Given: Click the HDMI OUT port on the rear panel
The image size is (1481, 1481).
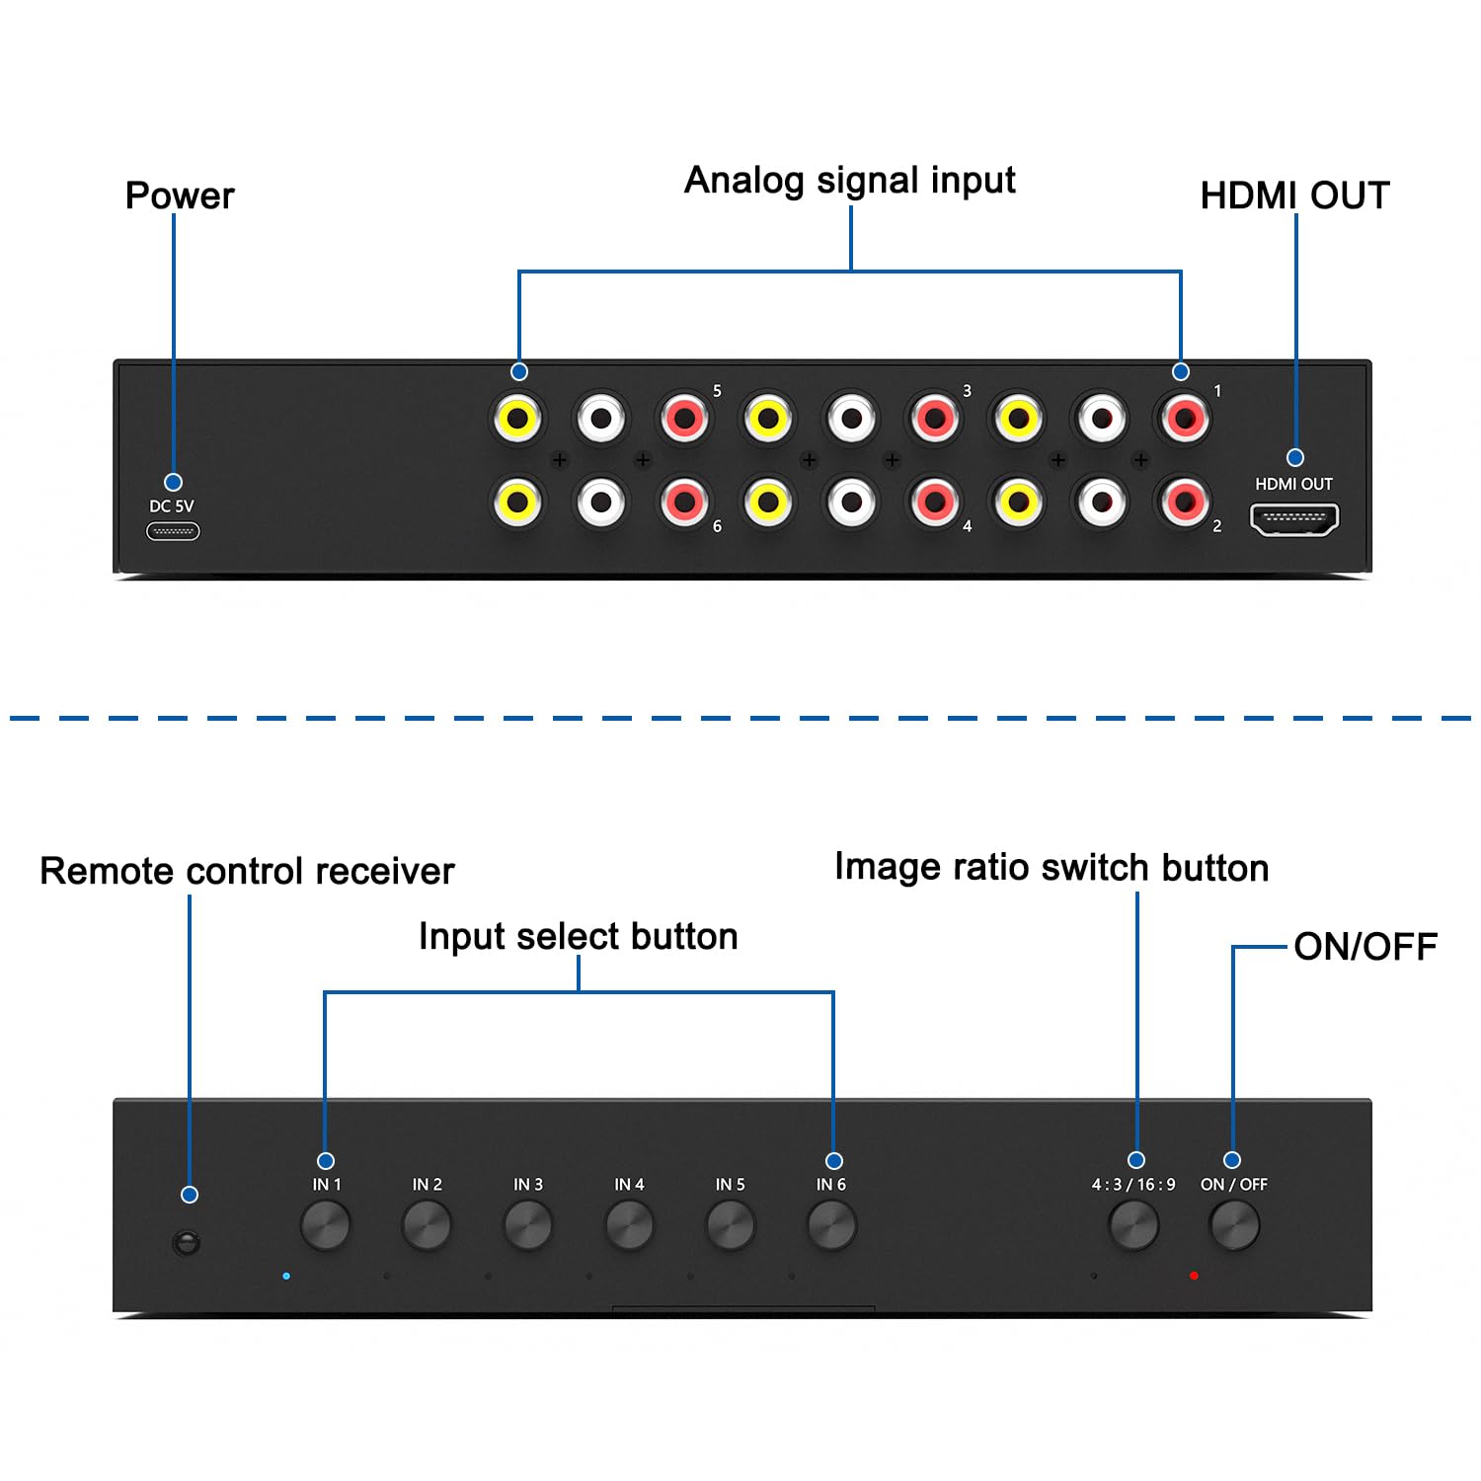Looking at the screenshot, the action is [1294, 519].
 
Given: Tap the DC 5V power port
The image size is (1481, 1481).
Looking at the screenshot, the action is [173, 531].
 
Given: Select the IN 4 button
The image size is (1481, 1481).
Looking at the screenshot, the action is [629, 1225].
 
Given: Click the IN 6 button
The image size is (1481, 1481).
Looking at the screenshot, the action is [831, 1225].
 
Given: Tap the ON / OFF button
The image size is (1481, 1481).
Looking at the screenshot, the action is [1234, 1225].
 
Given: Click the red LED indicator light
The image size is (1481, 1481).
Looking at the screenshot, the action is [1194, 1276].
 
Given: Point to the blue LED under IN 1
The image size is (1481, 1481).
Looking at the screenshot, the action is [286, 1276].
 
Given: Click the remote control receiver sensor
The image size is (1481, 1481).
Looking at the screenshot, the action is [186, 1241].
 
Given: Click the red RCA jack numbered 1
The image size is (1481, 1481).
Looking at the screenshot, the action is [1184, 419].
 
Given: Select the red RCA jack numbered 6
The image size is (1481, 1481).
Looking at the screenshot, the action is [684, 502].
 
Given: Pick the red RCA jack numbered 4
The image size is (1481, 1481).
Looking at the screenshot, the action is [934, 502].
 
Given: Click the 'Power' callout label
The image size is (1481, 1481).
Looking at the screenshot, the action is [180, 195].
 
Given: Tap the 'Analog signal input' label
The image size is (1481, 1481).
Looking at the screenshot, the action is [850, 181].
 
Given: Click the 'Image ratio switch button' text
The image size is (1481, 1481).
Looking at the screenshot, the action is [1052, 867].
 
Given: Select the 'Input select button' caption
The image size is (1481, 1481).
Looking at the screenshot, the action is [579, 936].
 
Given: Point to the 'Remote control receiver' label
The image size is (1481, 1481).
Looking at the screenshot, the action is [247, 871].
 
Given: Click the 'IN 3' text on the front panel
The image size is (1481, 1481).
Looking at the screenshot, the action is [528, 1184].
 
